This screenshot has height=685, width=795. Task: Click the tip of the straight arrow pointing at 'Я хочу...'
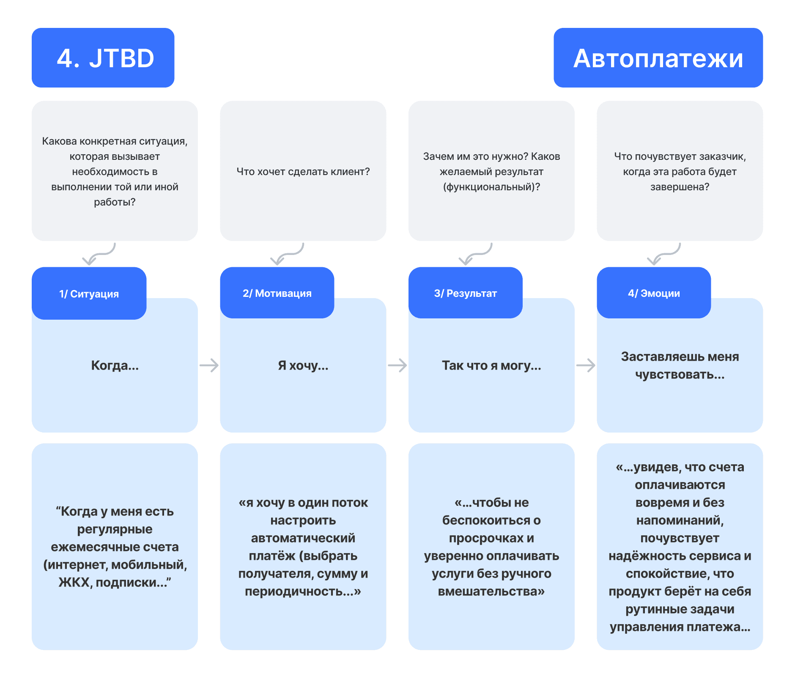(219, 365)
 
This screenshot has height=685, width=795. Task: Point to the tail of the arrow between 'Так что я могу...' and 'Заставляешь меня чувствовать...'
(577, 365)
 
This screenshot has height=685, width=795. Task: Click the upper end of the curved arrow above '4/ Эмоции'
(680, 244)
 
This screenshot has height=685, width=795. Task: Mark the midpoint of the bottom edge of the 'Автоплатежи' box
(658, 88)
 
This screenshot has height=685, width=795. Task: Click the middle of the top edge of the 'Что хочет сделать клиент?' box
(303, 101)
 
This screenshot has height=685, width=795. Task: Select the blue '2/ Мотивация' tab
(277, 293)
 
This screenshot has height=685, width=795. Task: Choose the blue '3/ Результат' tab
(466, 293)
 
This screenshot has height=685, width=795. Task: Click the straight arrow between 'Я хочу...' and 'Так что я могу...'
(397, 365)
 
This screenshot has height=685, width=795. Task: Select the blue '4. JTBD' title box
(103, 58)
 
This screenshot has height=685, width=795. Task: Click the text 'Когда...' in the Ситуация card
(115, 365)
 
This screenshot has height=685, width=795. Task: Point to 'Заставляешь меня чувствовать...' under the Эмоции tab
(680, 365)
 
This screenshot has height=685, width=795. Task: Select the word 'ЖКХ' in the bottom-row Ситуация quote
(74, 583)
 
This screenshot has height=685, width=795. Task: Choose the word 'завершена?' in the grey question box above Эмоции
(680, 187)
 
